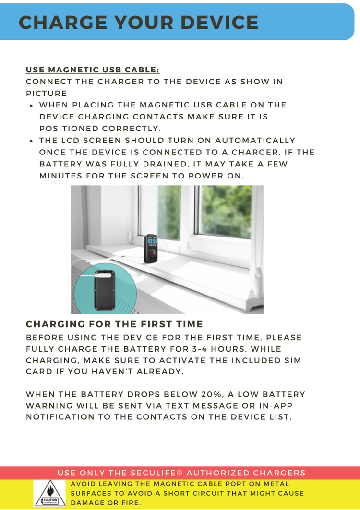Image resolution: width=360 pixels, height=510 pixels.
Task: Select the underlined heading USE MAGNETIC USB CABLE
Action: [93, 70]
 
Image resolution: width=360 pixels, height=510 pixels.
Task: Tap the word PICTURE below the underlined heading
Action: [46, 93]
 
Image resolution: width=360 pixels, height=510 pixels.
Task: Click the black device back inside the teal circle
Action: [105, 294]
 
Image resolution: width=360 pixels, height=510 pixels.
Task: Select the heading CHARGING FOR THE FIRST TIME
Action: [114, 324]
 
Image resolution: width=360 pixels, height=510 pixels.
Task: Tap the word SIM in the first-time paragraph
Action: [292, 360]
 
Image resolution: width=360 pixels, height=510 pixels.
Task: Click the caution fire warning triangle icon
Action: [50, 492]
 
